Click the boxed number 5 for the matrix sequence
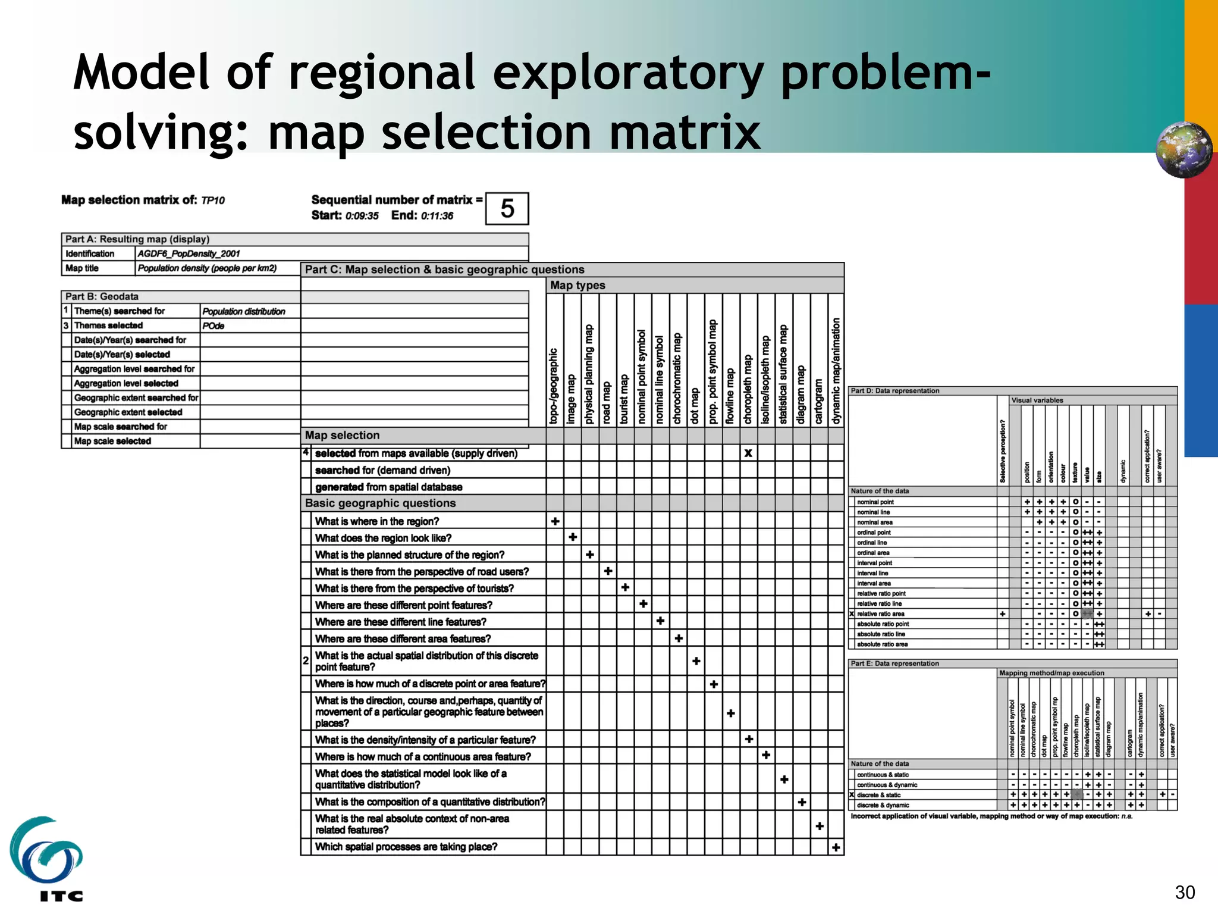click(507, 209)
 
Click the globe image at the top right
click(1184, 150)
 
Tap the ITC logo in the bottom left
click(46, 857)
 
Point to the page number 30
click(1185, 893)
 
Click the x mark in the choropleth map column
click(748, 453)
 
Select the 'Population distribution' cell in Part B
click(244, 311)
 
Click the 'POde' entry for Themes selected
click(213, 326)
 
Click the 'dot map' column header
click(695, 406)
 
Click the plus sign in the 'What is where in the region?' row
click(555, 521)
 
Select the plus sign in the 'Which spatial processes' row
click(836, 847)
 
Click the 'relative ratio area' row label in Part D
click(880, 613)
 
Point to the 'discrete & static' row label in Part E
click(878, 795)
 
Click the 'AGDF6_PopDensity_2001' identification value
click(189, 253)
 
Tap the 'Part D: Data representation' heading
click(894, 391)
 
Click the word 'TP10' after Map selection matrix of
click(213, 201)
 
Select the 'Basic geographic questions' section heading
click(380, 503)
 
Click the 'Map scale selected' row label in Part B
click(112, 441)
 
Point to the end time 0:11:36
click(437, 216)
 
